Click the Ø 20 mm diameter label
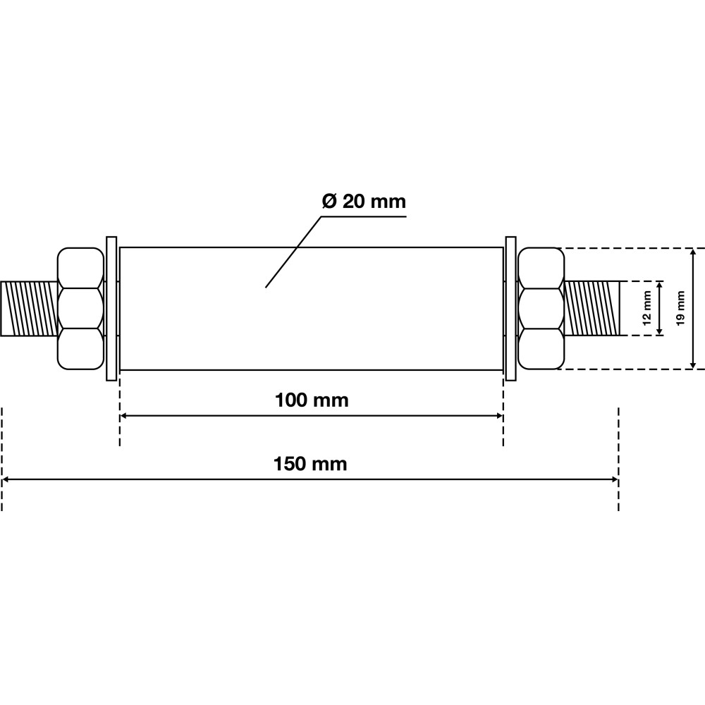(364, 202)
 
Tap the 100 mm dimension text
(312, 400)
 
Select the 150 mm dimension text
(310, 464)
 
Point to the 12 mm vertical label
(646, 308)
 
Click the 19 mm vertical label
(681, 308)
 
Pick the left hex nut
(80, 309)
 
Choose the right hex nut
(541, 309)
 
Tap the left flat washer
(111, 309)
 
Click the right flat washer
(510, 309)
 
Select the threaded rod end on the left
(29, 309)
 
